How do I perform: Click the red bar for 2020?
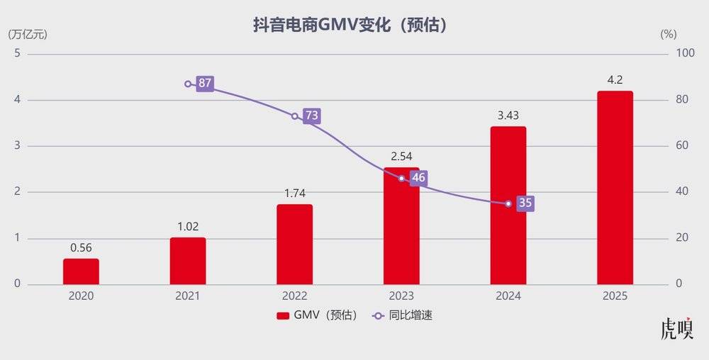[81, 271]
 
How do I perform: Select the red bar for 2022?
[294, 244]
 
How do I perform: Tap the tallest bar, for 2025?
[615, 188]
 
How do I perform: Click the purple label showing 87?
[205, 84]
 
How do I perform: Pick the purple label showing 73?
[311, 116]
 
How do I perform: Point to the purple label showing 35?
[525, 203]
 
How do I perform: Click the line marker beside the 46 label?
[401, 178]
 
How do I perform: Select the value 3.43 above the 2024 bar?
[508, 115]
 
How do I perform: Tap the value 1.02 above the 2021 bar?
[188, 226]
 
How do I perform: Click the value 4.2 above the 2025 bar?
[615, 80]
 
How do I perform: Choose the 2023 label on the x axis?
[401, 296]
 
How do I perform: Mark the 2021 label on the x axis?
[188, 296]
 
